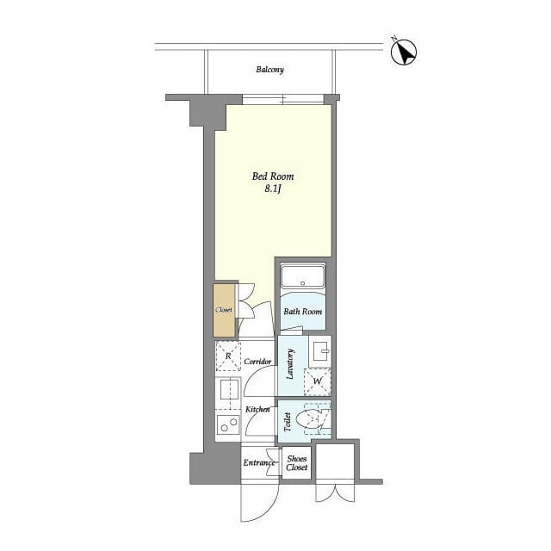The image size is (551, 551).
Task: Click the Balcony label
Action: coord(269,70)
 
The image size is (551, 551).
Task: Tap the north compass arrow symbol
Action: coord(404,52)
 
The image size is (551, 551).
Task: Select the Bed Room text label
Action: coord(273,176)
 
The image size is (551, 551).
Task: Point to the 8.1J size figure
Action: coord(273,189)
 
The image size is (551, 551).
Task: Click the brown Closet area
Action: coord(224,310)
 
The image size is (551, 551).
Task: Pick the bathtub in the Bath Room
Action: coord(302,275)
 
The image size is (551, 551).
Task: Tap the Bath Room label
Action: coord(302,312)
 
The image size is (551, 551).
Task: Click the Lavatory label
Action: coord(290,364)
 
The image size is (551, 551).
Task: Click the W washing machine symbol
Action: coord(317,381)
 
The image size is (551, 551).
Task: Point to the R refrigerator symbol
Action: coord(228,356)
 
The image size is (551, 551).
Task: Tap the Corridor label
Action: coord(257,362)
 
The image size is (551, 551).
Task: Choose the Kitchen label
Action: coord(257,410)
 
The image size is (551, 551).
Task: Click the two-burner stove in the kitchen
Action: coord(228,424)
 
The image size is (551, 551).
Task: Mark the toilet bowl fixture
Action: coord(311,419)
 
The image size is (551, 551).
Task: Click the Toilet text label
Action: coord(288,422)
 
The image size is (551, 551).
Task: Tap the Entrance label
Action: coord(259,463)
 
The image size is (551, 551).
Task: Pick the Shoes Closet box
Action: coord(296,463)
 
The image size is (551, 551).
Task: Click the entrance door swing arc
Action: coord(269,509)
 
